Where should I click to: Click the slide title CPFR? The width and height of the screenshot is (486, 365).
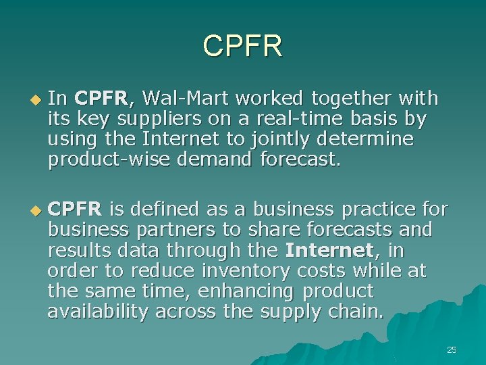click(243, 46)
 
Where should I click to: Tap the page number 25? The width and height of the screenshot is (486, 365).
click(452, 349)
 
